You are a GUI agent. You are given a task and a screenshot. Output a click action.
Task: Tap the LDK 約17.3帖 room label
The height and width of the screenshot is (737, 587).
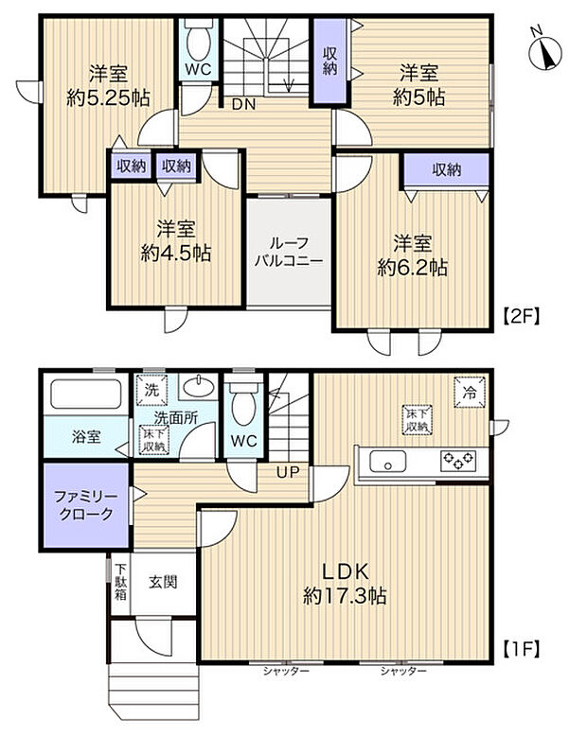344,583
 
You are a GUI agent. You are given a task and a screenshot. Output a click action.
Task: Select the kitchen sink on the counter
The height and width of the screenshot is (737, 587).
388,462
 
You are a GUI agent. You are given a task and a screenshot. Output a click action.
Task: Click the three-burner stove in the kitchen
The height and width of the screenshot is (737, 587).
459,462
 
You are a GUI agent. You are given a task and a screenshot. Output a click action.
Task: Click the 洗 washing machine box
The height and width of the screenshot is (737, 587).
151,388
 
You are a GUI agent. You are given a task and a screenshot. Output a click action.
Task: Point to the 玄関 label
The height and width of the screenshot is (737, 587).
163,583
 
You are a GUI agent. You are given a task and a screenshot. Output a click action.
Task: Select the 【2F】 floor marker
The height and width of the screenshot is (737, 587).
520,318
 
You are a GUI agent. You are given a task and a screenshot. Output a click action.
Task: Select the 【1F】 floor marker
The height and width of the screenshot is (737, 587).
520,650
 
